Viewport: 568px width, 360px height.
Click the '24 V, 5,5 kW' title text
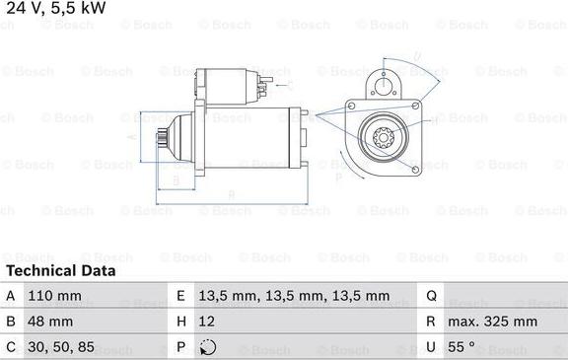coord(56,8)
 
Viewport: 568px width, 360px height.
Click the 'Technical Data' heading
coord(61,270)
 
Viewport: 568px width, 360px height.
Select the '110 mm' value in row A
coord(54,296)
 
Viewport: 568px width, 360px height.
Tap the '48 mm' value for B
coord(50,322)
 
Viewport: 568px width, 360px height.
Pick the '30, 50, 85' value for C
coord(61,347)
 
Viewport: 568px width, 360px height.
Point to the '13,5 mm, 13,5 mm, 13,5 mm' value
coord(294,296)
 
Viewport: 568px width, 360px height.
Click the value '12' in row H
coord(206,322)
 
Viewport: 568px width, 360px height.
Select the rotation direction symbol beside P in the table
coord(208,347)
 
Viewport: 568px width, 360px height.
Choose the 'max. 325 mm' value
coord(492,322)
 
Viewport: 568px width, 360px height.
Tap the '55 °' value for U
coord(461,346)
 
